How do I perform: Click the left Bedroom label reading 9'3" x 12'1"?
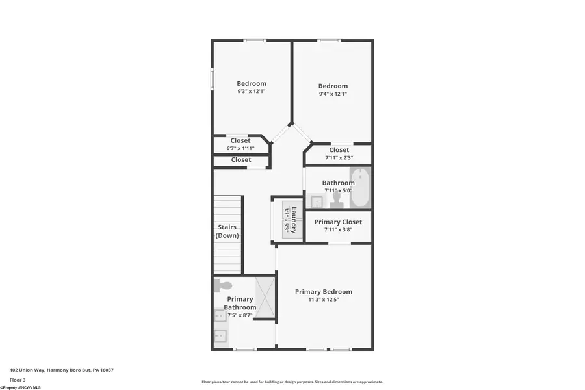click(251, 92)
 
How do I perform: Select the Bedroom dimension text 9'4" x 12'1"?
click(333, 94)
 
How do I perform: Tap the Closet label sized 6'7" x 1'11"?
click(240, 148)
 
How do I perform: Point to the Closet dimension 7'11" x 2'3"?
click(339, 157)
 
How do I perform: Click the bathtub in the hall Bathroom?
click(360, 187)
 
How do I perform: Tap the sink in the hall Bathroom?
click(316, 201)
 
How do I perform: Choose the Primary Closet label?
click(338, 222)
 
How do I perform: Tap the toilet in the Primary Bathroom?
click(224, 285)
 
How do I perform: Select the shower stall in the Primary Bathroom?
click(265, 298)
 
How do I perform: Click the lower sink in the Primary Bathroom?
click(220, 336)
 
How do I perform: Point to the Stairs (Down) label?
click(227, 231)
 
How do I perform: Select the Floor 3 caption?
click(18, 380)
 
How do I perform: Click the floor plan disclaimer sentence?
click(292, 382)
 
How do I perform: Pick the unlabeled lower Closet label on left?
click(240, 160)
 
